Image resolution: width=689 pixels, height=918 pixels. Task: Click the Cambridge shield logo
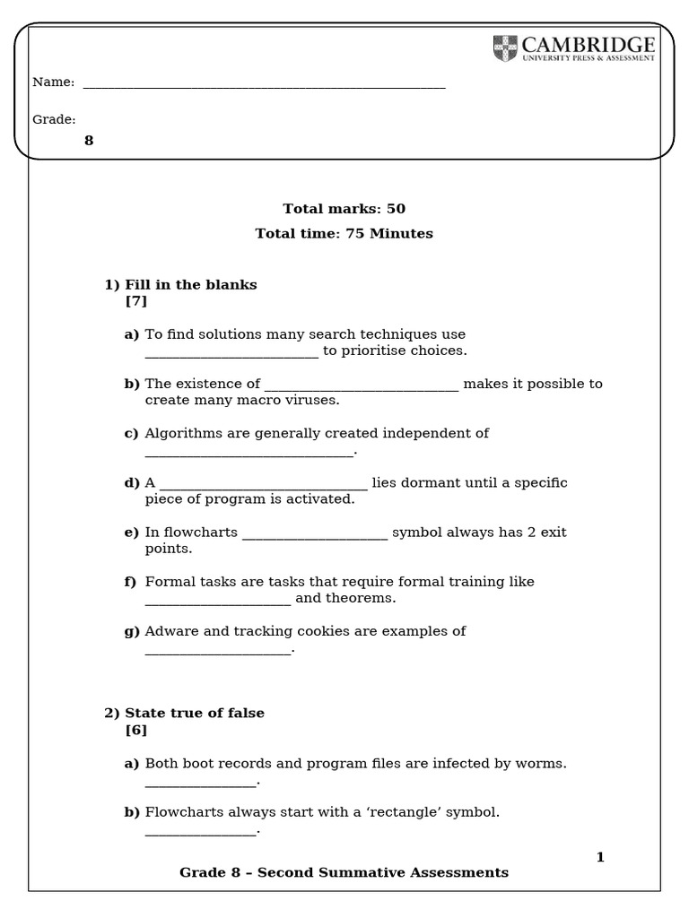point(505,48)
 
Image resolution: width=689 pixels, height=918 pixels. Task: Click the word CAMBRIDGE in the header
point(588,45)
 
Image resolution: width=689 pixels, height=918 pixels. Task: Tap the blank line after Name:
point(264,86)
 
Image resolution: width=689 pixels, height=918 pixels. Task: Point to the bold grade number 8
point(89,141)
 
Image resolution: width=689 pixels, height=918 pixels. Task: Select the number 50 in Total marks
point(396,209)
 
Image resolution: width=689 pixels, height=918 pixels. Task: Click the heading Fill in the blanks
point(190,285)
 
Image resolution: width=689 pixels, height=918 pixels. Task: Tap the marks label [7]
point(136,301)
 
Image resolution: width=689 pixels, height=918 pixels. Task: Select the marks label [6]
point(136,730)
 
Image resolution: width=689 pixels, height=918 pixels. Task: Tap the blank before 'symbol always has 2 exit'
point(315,535)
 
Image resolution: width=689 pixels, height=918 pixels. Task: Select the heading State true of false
point(194,714)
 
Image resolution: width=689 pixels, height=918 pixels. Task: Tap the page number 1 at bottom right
point(600,858)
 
